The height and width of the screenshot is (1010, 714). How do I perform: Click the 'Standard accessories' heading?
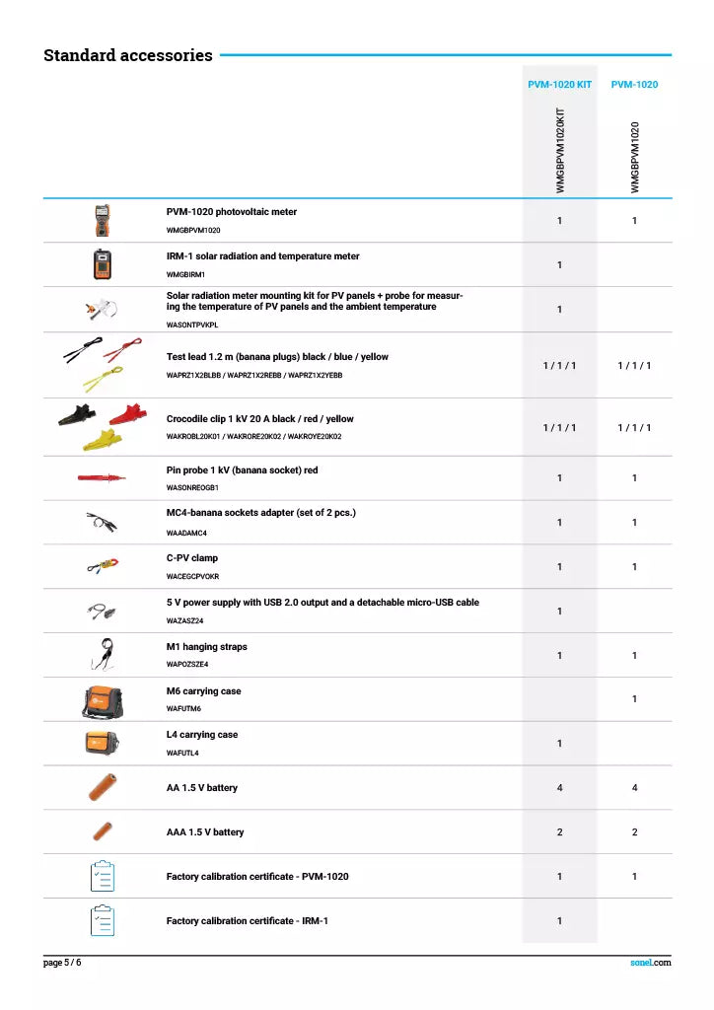point(128,55)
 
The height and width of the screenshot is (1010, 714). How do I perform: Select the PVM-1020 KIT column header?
point(559,85)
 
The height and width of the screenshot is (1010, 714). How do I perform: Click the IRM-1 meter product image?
point(102,264)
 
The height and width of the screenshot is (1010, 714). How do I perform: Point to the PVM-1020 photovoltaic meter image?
point(102,220)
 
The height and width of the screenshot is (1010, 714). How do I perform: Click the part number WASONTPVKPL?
point(192,324)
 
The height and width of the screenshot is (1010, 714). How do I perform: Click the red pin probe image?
point(102,478)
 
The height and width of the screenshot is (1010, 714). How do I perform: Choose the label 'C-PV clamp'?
point(192,558)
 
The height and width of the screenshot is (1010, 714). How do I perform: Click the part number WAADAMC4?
point(186,533)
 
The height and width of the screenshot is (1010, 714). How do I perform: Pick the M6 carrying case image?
point(102,699)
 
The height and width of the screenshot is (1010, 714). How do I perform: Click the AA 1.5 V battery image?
point(102,787)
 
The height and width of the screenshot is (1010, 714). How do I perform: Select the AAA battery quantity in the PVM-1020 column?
point(634,832)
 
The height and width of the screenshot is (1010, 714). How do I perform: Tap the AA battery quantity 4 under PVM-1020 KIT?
point(559,788)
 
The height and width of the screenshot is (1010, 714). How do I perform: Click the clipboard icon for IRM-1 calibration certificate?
point(102,920)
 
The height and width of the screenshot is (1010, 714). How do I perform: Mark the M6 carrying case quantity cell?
point(634,699)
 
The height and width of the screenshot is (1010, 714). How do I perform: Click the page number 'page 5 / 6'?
point(62,963)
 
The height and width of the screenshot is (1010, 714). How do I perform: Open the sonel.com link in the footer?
point(651,963)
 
